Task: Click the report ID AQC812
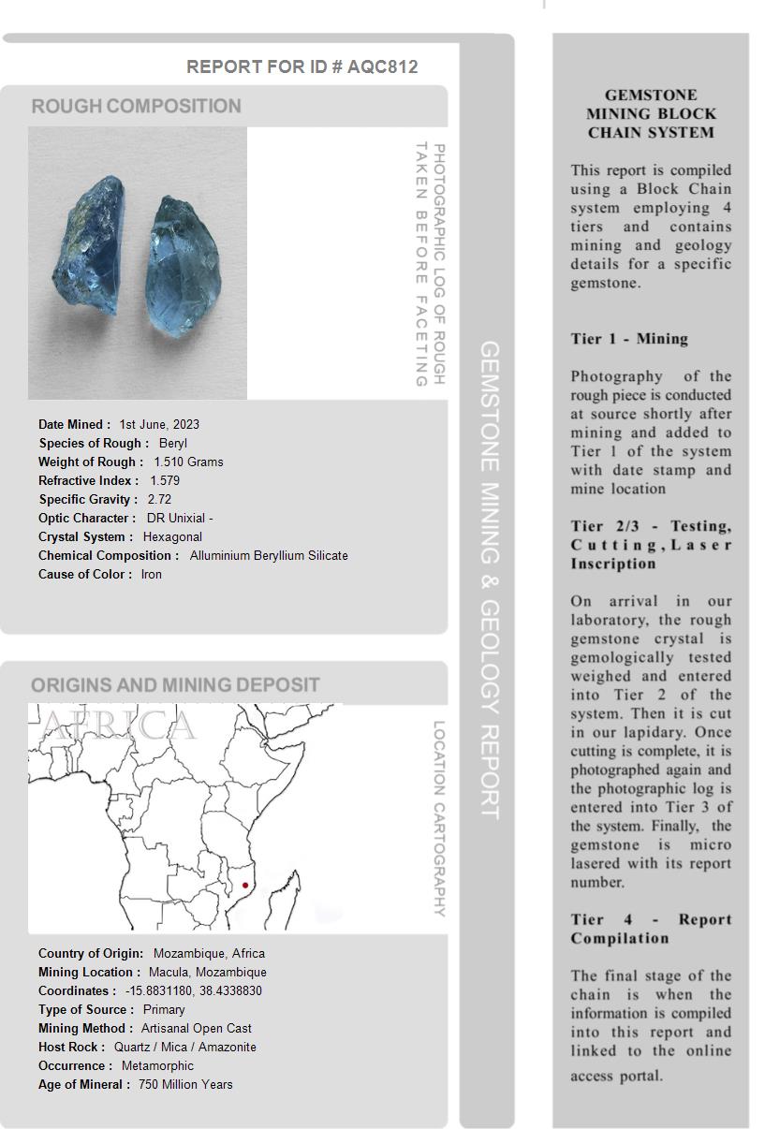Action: pos(382,66)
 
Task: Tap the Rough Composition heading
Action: pos(136,106)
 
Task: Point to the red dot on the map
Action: pos(245,885)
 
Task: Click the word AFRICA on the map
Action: pos(119,726)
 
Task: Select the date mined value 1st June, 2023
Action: pos(159,424)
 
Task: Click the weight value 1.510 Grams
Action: pos(188,462)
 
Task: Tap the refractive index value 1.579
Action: pos(165,480)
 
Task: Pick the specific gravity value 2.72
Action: pos(159,499)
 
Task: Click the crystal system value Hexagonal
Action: pos(172,536)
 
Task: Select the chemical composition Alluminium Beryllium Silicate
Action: pos(269,555)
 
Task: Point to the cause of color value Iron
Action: pos(152,574)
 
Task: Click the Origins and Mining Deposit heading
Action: pos(175,684)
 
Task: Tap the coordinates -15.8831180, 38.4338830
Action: pos(194,990)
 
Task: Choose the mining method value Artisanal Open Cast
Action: pos(197,1028)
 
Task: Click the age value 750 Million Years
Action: pos(185,1084)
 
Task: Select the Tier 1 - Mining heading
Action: pos(629,339)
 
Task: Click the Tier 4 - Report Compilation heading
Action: pos(651,929)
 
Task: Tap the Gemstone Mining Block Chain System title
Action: pos(651,113)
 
